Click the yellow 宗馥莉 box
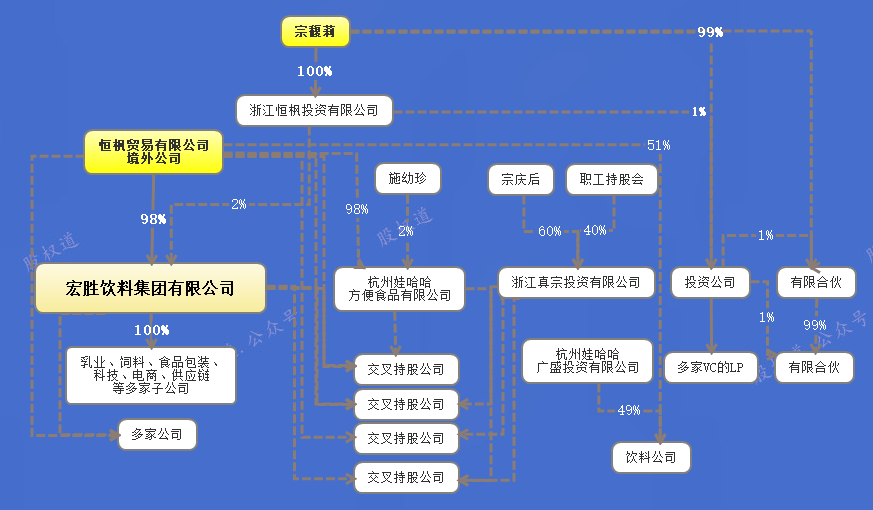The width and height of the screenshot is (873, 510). (315, 32)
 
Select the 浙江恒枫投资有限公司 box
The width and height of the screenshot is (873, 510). (314, 111)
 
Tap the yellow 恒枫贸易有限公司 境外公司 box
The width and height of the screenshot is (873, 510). (153, 152)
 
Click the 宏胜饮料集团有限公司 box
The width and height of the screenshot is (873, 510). (150, 289)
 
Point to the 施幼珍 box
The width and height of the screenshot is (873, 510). (407, 179)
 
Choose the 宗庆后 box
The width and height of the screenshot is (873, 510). (520, 179)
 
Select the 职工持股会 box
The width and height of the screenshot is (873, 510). (611, 179)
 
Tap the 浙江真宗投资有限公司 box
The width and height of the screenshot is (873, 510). (576, 283)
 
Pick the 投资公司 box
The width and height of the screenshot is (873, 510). (710, 283)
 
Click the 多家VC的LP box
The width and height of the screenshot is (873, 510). (710, 367)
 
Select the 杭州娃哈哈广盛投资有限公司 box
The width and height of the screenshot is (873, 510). (587, 361)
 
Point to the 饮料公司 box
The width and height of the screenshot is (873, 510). (651, 457)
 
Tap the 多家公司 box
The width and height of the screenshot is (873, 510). (157, 435)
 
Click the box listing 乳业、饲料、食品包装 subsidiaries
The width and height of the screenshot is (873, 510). (151, 375)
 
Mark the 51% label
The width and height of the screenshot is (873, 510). (658, 145)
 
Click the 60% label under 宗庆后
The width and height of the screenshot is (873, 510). (550, 231)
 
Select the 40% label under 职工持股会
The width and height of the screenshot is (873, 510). (595, 231)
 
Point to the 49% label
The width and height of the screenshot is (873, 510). (628, 410)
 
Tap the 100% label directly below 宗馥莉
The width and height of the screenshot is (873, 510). (315, 72)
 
